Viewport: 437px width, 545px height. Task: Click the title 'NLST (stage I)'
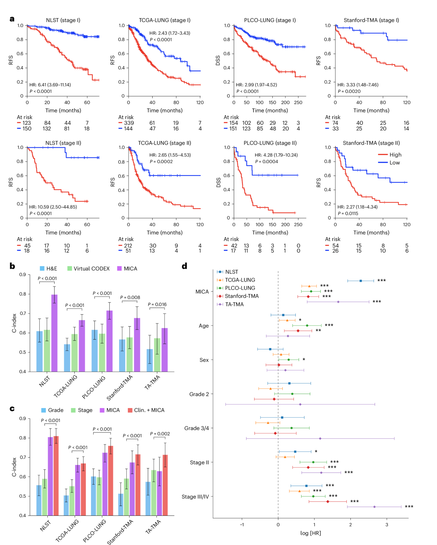tap(63, 20)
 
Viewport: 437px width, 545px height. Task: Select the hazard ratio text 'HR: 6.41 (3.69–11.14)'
tap(50, 85)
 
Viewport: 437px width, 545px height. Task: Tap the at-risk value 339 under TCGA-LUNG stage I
tap(129, 123)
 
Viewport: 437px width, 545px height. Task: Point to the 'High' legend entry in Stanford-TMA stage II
tap(395, 155)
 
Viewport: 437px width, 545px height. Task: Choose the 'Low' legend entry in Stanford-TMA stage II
tap(394, 163)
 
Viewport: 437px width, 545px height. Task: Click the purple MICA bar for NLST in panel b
tap(54, 333)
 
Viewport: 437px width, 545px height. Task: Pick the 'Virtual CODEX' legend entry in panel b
tap(91, 269)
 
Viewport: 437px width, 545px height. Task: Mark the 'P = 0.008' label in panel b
tap(130, 297)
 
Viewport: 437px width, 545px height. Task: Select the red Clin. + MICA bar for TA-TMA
tap(165, 485)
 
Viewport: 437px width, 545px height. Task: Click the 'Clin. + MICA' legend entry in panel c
tap(149, 410)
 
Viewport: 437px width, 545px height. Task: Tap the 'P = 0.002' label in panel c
tap(160, 434)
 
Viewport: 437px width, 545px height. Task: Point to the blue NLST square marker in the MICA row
tap(361, 281)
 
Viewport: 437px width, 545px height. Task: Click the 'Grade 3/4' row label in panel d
tap(197, 428)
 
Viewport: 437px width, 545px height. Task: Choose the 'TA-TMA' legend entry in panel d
tap(234, 304)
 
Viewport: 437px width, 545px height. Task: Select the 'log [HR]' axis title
tap(311, 533)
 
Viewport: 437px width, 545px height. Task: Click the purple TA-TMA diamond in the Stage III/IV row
tap(374, 507)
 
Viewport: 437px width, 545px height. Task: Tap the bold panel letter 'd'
tap(185, 266)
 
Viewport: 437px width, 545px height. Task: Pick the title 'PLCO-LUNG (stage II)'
tap(270, 143)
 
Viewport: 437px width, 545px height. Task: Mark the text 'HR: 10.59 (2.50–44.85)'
tap(53, 207)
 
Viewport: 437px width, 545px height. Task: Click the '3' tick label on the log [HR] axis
tap(387, 525)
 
